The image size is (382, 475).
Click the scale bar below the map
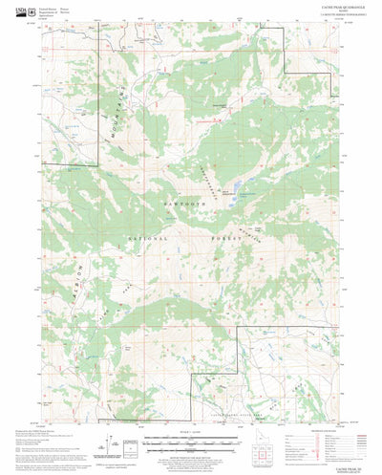tap(191, 442)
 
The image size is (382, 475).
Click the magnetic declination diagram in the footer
tap(115, 443)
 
